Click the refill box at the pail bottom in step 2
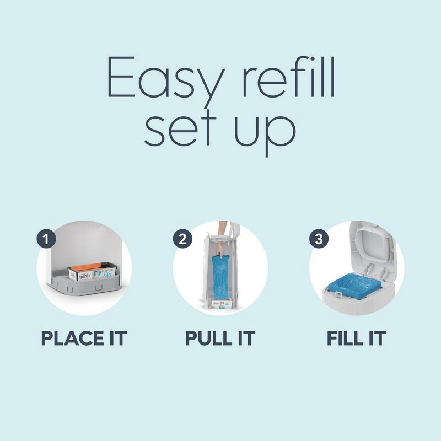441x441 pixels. [x=220, y=303]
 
